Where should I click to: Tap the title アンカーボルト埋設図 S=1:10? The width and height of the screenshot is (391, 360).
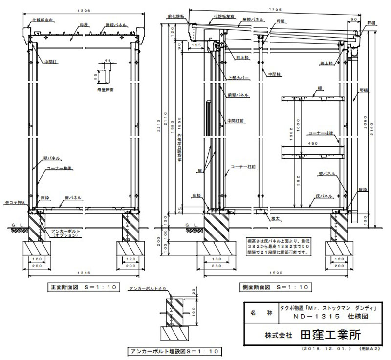[174, 351]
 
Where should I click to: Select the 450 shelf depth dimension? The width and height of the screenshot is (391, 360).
[315, 144]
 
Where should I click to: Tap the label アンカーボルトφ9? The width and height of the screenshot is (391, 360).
[147, 289]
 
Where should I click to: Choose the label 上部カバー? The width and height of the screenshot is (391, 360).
[239, 78]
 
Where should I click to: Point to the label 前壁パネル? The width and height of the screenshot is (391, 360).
[239, 95]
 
